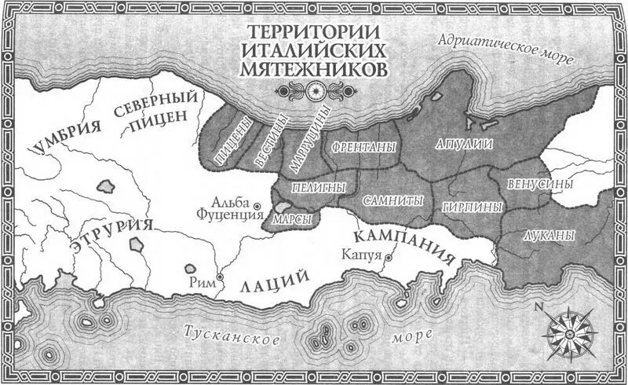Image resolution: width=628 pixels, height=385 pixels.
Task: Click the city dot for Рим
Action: [x=221, y=277]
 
